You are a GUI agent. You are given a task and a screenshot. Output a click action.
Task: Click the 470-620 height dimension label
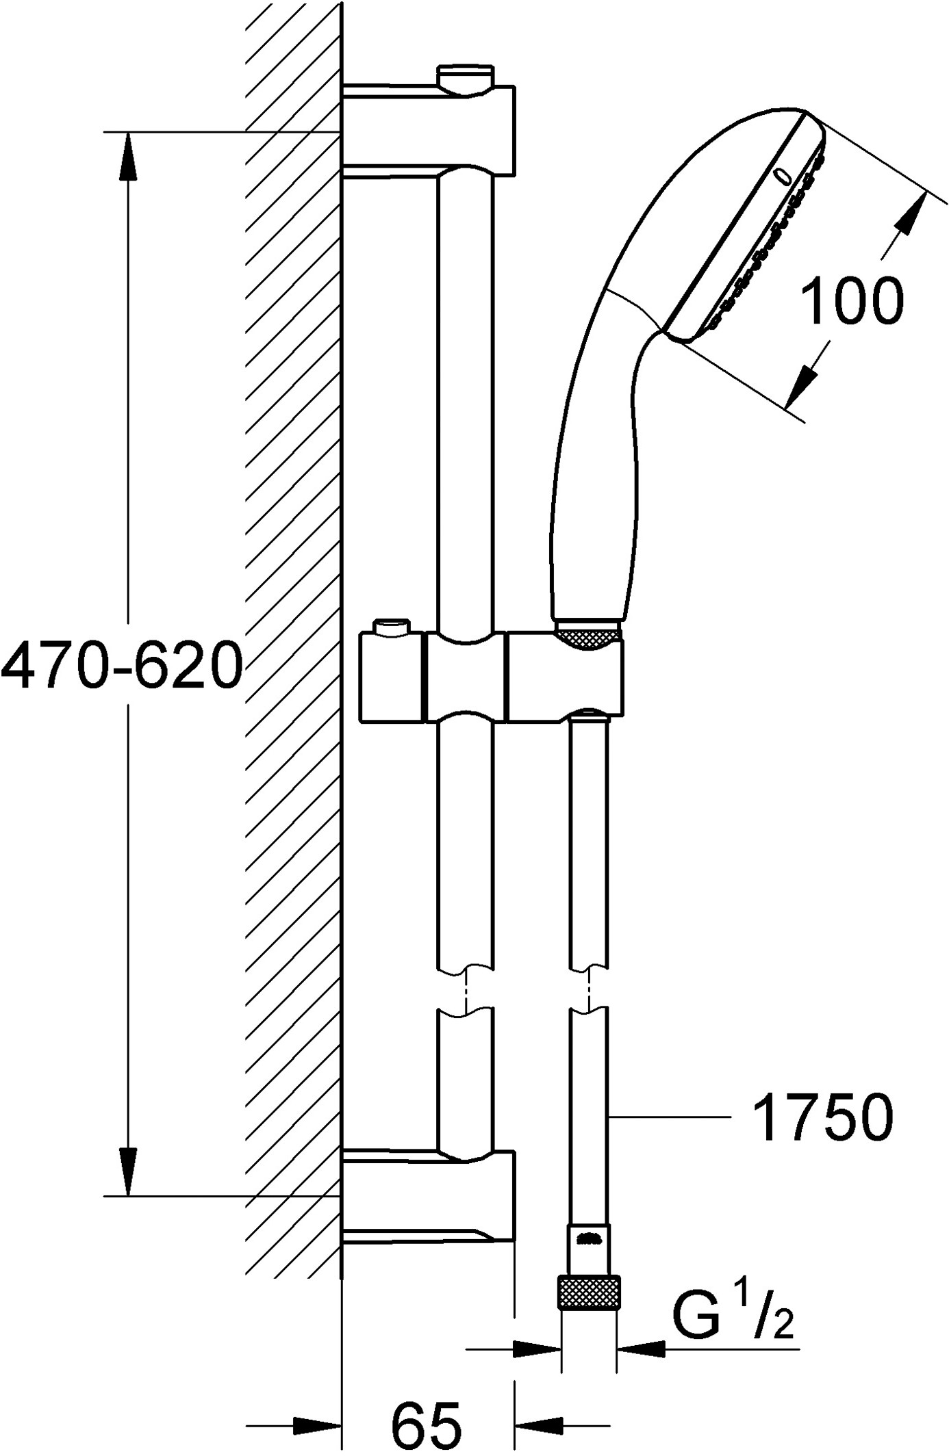122,665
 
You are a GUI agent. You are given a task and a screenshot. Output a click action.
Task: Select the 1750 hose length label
822,1117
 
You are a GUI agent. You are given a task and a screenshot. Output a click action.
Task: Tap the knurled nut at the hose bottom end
590,1292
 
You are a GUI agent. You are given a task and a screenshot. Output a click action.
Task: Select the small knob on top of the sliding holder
391,627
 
